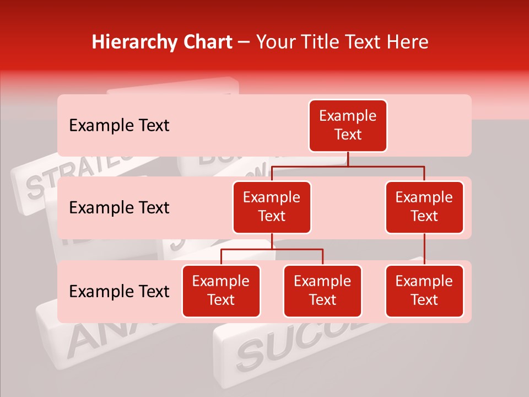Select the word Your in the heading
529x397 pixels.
tap(276, 42)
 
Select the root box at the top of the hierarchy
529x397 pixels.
tap(348, 125)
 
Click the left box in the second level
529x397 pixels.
tap(272, 207)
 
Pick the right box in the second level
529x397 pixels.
tap(424, 207)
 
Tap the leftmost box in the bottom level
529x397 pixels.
tap(221, 291)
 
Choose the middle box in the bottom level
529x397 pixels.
tap(322, 291)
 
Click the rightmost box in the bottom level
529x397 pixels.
tap(424, 291)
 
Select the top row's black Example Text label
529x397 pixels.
tap(119, 126)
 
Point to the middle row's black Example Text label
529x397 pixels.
tap(119, 208)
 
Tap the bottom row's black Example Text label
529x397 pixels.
tap(119, 292)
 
